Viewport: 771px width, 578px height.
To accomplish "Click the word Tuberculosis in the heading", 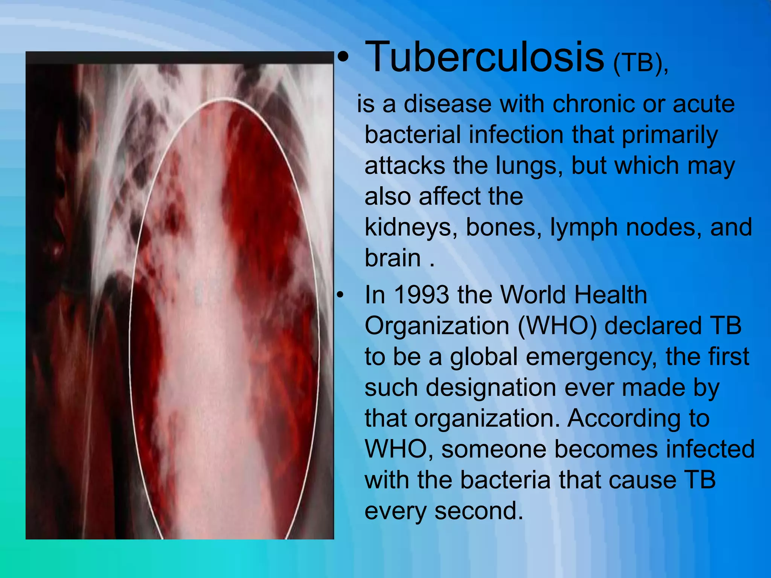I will [x=485, y=57].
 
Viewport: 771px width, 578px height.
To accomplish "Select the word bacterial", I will [x=413, y=134].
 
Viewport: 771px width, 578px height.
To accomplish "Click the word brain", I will [x=393, y=259].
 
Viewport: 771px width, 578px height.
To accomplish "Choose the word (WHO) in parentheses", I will [x=557, y=326].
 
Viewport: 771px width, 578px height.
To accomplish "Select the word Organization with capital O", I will [x=437, y=326].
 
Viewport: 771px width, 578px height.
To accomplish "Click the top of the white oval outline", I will [x=224, y=99].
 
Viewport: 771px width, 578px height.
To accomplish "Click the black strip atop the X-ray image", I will [x=180, y=58].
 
